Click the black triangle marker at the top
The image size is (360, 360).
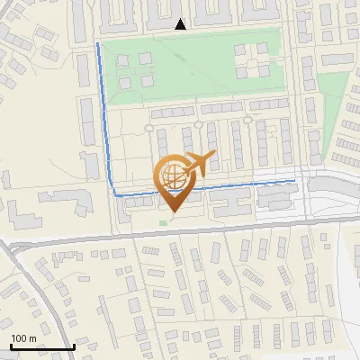point(181,24)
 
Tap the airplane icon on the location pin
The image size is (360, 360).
point(198,165)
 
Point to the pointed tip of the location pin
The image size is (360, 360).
point(171,212)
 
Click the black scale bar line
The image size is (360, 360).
point(41,347)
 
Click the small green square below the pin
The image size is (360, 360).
point(163,221)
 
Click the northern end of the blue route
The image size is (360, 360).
point(97,43)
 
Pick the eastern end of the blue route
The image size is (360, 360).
point(294,181)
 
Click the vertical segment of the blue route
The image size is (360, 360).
point(104,117)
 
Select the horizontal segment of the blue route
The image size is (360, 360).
point(234,186)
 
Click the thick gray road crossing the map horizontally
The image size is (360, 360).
point(180,231)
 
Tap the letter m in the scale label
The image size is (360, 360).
point(31,338)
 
